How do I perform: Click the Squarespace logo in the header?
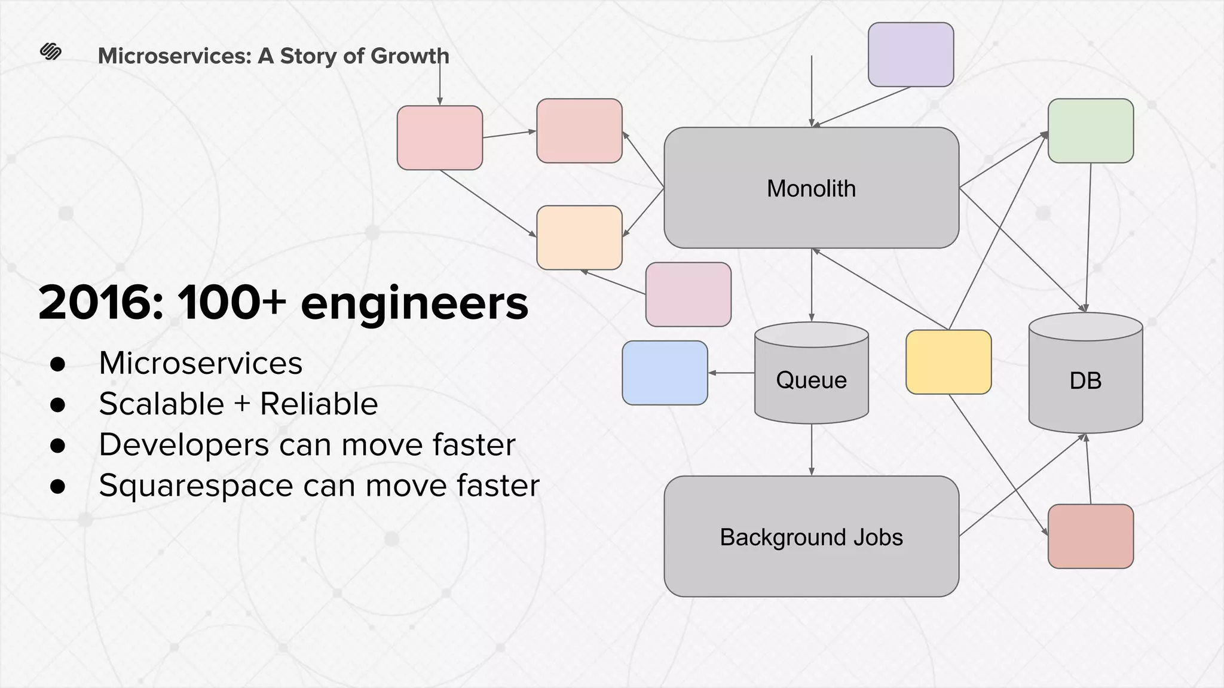click(x=51, y=52)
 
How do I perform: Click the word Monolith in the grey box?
click(x=811, y=189)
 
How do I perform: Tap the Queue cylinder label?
click(x=811, y=380)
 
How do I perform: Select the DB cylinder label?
click(x=1085, y=380)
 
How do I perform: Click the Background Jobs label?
click(x=811, y=537)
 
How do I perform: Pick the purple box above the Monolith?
click(x=910, y=54)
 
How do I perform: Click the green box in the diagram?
click(x=1091, y=131)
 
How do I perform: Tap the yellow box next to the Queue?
click(x=948, y=362)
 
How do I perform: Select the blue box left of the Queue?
click(x=665, y=373)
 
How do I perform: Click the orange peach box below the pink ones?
click(x=579, y=238)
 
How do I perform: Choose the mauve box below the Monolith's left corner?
click(x=688, y=294)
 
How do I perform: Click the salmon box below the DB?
click(x=1091, y=536)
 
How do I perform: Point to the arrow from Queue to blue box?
click(x=732, y=373)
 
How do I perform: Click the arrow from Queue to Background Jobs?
click(x=811, y=449)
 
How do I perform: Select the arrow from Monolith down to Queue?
click(x=811, y=285)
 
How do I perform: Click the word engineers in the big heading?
click(x=414, y=303)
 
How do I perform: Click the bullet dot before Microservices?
click(x=58, y=364)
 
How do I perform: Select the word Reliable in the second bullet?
click(x=319, y=404)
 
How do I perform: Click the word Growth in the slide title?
click(x=409, y=56)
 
